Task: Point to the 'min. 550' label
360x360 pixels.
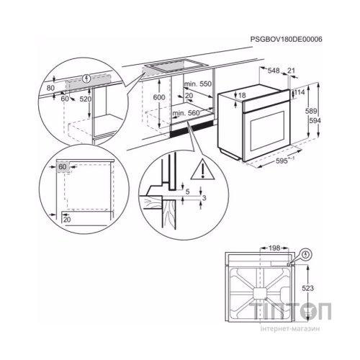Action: tap(189, 85)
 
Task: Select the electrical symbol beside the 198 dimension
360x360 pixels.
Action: tap(307, 254)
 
